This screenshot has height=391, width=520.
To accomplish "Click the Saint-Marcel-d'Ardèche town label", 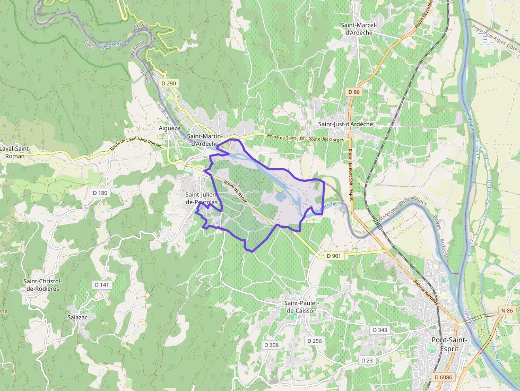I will pyautogui.click(x=359, y=29).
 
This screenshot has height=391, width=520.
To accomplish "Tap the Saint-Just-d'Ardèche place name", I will pyautogui.click(x=345, y=124).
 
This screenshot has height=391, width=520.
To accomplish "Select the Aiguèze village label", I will pyautogui.click(x=170, y=128).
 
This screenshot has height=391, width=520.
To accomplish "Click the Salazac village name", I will pyautogui.click(x=77, y=317).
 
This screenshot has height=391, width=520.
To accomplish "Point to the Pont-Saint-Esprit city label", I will pyautogui.click(x=449, y=344).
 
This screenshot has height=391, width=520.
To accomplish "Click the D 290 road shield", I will pyautogui.click(x=169, y=84).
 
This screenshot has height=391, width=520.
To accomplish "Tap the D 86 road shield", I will pyautogui.click(x=354, y=92).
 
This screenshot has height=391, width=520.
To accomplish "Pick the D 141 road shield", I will pyautogui.click(x=102, y=285).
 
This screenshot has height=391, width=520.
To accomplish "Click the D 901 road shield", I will pyautogui.click(x=334, y=256).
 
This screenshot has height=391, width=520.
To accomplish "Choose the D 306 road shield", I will pyautogui.click(x=271, y=345).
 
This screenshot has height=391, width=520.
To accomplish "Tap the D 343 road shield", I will pyautogui.click(x=380, y=330).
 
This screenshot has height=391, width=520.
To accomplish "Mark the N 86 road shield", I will pyautogui.click(x=507, y=310).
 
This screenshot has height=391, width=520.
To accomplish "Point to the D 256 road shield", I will pyautogui.click(x=314, y=341).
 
